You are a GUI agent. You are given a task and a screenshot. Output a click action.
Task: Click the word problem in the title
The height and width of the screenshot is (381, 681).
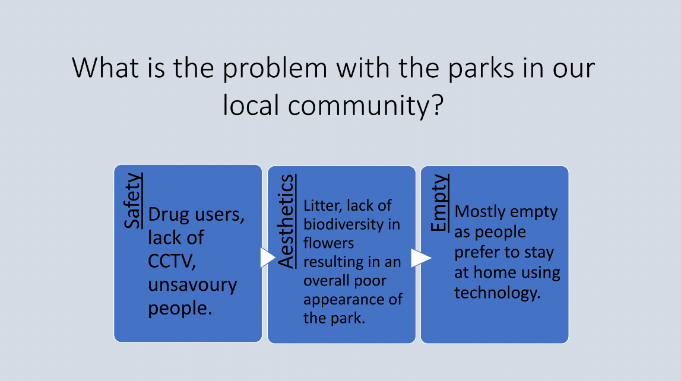pos(275,69)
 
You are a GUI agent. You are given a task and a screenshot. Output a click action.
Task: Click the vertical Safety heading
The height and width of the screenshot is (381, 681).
pos(133,201)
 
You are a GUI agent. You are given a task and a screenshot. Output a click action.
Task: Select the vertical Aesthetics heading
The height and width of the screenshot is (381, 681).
pos(287,221)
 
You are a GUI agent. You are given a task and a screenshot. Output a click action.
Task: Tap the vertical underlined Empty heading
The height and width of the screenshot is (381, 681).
pos(439,202)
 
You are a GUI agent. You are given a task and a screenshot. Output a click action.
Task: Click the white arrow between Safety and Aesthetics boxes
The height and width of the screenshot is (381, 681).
pos(268,258)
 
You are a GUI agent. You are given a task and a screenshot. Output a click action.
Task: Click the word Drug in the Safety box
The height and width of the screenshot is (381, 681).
pos(169,214)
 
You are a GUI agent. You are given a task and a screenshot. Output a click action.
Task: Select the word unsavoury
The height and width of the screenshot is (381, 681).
pos(192,285)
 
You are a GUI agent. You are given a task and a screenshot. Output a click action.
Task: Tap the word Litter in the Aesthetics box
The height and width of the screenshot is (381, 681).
pos(319,205)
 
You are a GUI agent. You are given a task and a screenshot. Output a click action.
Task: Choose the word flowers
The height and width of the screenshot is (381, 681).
pos(329,243)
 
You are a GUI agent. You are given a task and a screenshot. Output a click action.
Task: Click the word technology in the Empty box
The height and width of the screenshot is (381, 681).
pos(498,293)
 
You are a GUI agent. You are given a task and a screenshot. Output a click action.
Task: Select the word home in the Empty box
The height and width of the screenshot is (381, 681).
pos(495,272)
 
